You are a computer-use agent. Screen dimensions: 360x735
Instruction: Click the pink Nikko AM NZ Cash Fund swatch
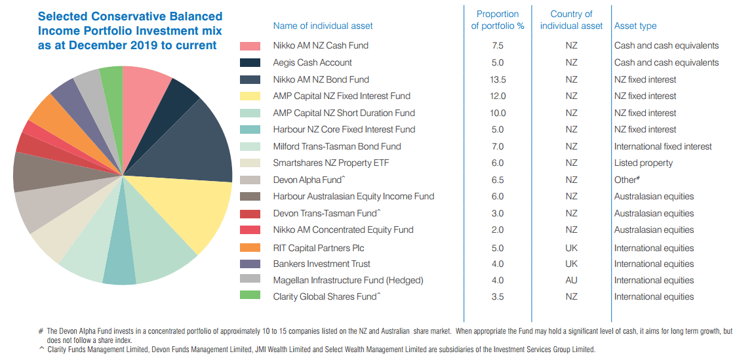(250, 46)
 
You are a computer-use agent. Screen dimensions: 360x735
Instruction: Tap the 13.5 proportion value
(497, 79)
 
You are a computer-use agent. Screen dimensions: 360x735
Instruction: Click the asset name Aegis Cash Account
(312, 62)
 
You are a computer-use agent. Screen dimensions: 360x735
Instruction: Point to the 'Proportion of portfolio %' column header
(498, 20)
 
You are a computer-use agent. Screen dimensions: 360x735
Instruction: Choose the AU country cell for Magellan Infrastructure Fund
(571, 280)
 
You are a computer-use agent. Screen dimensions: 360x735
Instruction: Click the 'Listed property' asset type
(643, 163)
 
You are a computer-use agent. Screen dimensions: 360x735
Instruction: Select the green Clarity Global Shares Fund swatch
(250, 296)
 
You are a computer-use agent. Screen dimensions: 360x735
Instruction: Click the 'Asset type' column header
(635, 26)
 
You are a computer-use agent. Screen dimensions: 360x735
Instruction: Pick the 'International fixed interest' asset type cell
(663, 146)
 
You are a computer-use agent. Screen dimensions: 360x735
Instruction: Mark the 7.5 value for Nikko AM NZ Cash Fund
(497, 46)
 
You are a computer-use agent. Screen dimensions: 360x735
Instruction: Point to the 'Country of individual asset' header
(571, 20)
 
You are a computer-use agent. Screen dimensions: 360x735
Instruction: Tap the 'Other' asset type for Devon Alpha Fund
(627, 180)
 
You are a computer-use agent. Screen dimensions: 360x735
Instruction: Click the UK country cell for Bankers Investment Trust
(571, 264)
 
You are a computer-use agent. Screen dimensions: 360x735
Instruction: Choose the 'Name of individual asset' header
(323, 26)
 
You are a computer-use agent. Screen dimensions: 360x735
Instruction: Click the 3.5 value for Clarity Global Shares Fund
(497, 296)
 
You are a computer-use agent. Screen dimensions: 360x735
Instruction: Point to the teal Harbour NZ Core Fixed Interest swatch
(250, 129)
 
